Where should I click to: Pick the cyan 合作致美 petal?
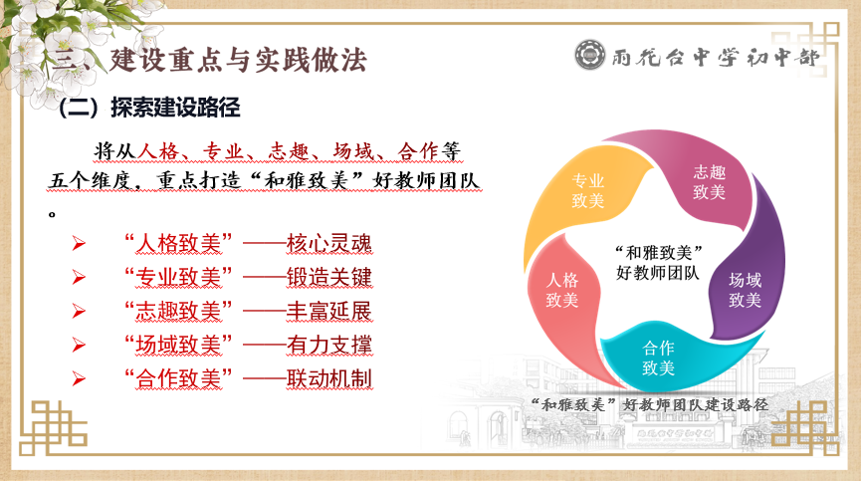click(658, 358)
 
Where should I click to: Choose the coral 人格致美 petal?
click(561, 289)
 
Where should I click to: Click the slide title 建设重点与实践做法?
click(238, 60)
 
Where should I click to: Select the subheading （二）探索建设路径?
click(150, 108)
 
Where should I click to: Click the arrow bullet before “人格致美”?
click(79, 244)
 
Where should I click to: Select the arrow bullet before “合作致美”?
click(79, 379)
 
